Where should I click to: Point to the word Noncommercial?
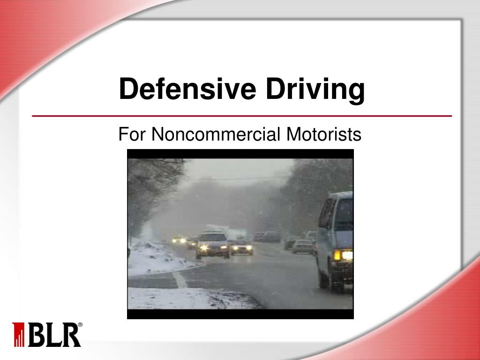click(x=216, y=135)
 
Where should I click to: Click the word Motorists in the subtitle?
click(x=324, y=135)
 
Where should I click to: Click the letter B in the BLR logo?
click(x=36, y=334)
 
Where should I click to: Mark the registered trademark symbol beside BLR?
click(x=80, y=325)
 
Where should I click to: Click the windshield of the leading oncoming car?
click(x=212, y=238)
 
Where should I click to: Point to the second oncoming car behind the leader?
click(x=241, y=247)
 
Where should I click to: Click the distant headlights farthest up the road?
click(x=179, y=240)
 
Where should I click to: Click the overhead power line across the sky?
click(x=234, y=179)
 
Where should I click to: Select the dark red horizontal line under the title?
click(x=241, y=116)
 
